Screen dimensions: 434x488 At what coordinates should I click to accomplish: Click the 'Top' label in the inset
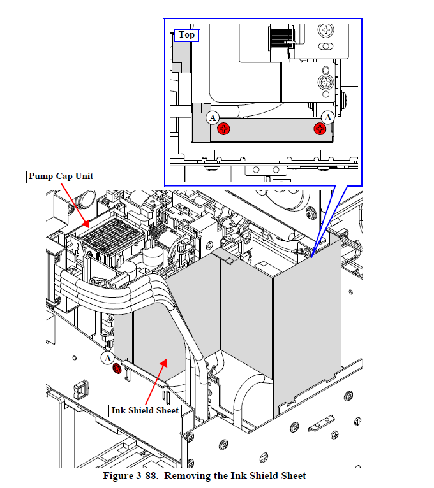pyautogui.click(x=186, y=35)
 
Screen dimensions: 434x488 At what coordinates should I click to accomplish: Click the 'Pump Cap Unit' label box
pyautogui.click(x=61, y=176)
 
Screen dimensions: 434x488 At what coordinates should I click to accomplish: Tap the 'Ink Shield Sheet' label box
pyautogui.click(x=145, y=410)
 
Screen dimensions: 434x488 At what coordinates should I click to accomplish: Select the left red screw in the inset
pyautogui.click(x=223, y=129)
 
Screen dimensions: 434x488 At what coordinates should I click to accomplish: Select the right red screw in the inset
pyautogui.click(x=320, y=129)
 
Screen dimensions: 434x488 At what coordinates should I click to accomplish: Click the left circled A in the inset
pyautogui.click(x=213, y=118)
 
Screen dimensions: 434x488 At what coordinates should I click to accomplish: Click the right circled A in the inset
pyautogui.click(x=327, y=117)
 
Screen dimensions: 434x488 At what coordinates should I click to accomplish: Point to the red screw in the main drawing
pyautogui.click(x=117, y=368)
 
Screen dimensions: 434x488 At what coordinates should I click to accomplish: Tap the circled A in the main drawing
pyautogui.click(x=108, y=358)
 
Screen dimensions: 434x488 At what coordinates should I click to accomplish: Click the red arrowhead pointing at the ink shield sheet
pyautogui.click(x=163, y=363)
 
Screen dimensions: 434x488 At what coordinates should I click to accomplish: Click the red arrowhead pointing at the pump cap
pyautogui.click(x=86, y=224)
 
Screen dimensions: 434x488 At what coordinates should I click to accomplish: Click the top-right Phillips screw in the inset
pyautogui.click(x=325, y=30)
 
